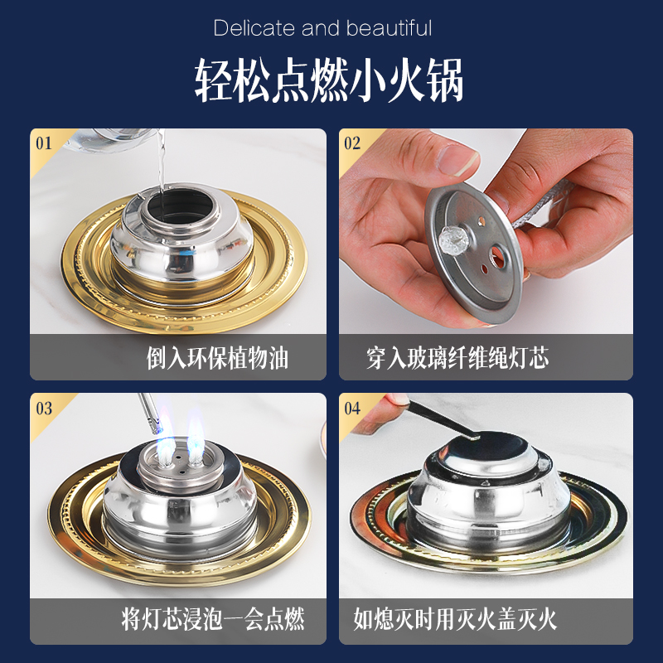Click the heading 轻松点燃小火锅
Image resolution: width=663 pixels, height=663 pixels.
coord(329,80)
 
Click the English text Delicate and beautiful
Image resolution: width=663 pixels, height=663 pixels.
coord(322,28)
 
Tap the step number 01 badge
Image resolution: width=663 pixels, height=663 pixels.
coord(44,143)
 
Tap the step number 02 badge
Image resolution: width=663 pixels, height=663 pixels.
coord(352,143)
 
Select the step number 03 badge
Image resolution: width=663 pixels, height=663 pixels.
coord(44,408)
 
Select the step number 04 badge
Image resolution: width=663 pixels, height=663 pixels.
coord(352,408)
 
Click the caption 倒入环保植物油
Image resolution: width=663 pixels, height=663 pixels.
coord(217,359)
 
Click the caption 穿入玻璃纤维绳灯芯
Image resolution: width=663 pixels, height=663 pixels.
coord(457,359)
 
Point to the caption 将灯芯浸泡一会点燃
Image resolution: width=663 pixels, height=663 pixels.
coord(213,618)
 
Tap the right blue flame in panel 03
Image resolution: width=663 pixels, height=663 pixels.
coord(195,435)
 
